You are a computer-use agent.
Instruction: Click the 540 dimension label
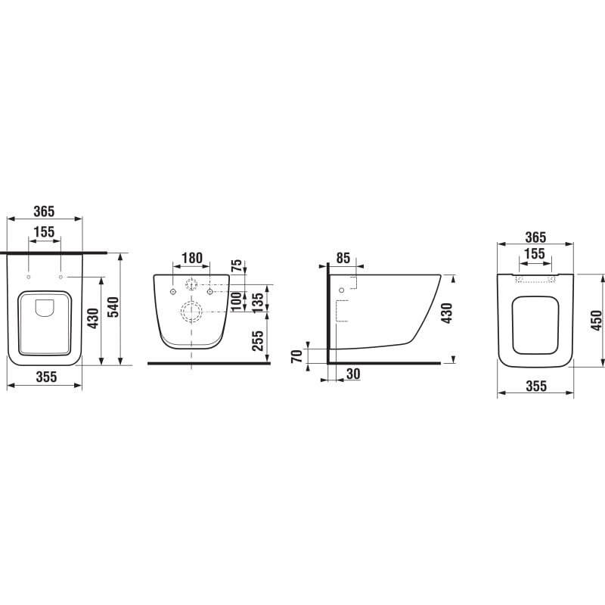coord(113,307)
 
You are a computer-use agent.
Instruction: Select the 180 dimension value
coord(192,258)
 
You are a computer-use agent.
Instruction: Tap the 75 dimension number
coord(237,265)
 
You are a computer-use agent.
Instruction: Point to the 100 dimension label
coord(236,301)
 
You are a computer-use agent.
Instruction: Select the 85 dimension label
coord(343,258)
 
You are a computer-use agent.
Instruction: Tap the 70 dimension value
coord(297,356)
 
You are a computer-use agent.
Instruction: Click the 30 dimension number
coord(353,374)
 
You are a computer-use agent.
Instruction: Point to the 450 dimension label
coord(597,320)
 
